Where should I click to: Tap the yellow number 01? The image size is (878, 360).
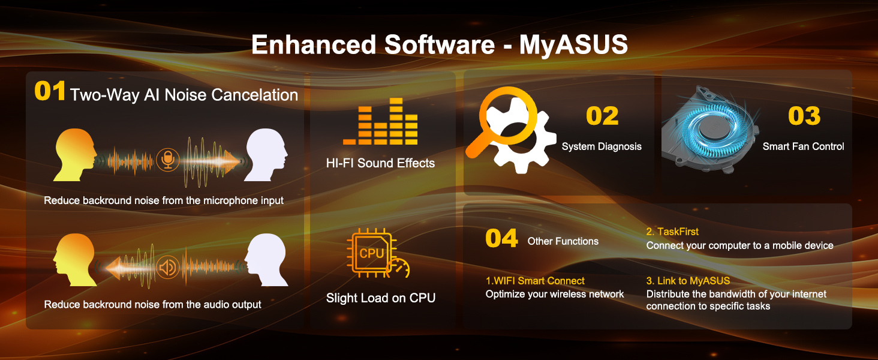(50, 91)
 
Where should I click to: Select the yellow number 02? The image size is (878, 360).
(602, 116)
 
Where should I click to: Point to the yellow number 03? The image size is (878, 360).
(804, 116)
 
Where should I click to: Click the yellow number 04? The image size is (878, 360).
(502, 238)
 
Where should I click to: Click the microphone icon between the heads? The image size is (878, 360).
(168, 160)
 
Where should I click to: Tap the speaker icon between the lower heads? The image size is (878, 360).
(168, 268)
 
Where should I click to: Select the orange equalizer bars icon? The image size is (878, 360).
(380, 121)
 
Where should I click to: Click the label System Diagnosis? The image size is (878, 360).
(602, 146)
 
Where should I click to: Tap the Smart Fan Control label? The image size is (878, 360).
(803, 146)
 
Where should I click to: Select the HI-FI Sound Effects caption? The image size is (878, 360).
(380, 163)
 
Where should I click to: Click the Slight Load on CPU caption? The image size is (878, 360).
(381, 298)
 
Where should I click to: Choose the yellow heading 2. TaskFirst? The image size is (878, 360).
(672, 232)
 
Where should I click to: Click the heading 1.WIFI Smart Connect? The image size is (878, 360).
(535, 281)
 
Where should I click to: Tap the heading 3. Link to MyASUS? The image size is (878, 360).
(688, 281)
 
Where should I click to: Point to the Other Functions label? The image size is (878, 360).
(563, 241)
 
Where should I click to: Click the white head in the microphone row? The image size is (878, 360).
(266, 155)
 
